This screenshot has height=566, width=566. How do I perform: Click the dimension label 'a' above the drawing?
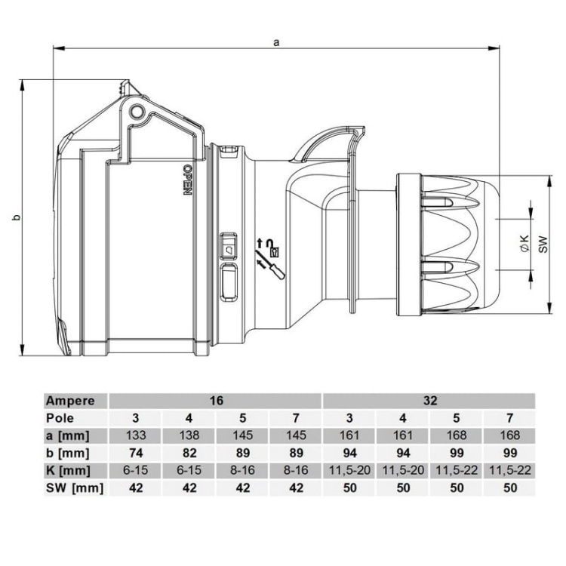coord(277,43)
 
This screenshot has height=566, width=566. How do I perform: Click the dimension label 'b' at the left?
coord(15,218)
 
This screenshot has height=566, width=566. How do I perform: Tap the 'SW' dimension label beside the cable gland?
coord(543,242)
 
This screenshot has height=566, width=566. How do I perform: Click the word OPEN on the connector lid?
coord(186,179)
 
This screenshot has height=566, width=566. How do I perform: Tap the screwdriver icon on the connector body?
coord(269,262)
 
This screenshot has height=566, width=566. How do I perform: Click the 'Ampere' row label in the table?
coord(70,401)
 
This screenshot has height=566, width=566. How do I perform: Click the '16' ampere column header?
coord(216,401)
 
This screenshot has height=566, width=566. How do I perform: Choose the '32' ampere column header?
coord(429,401)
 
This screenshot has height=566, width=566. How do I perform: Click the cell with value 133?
coord(136,435)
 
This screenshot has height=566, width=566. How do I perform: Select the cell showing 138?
coord(189,435)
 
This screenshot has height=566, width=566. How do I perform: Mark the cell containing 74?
coord(136,453)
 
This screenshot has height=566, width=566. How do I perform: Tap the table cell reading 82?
coord(189,453)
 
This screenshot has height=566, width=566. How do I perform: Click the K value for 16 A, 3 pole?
coord(136,470)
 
